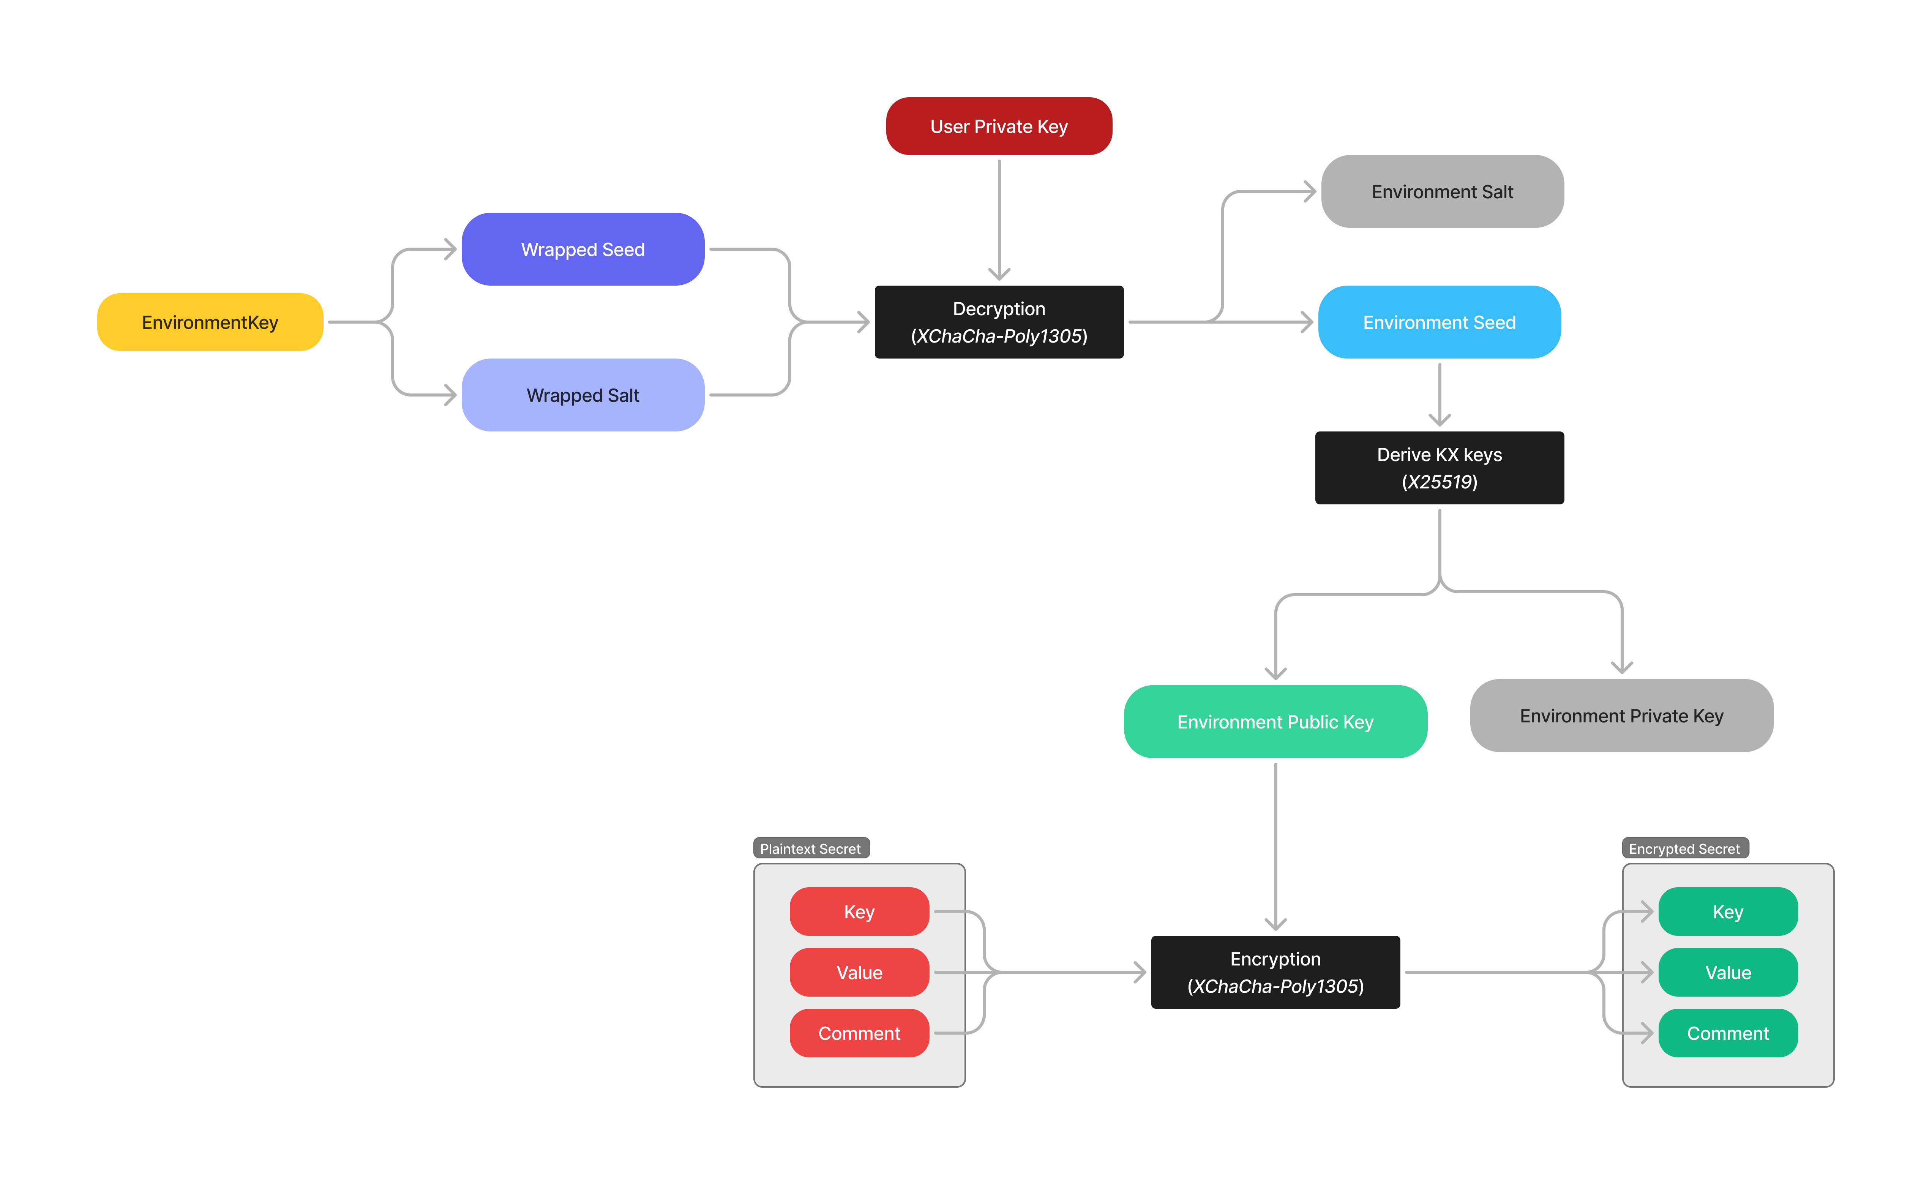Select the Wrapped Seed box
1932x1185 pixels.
(582, 250)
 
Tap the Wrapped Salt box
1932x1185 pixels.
(582, 395)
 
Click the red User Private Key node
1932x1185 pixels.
(999, 126)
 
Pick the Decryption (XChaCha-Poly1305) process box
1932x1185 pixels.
(999, 322)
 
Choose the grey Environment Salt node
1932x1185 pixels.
(1442, 191)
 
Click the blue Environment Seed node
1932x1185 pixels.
(1439, 322)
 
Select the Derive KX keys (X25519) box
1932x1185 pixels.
(1439, 468)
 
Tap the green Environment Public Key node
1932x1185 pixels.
(1275, 722)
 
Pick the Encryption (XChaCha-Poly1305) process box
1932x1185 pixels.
(1275, 972)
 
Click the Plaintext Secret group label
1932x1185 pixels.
(811, 848)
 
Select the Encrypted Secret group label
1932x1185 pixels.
(1684, 848)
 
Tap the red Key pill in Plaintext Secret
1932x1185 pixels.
(859, 911)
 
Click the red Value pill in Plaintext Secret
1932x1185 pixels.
(859, 972)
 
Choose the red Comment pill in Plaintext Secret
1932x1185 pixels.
(859, 1033)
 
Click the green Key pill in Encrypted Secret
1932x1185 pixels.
(1727, 911)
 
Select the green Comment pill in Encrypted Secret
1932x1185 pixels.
(1727, 1033)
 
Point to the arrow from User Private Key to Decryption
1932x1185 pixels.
(999, 220)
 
